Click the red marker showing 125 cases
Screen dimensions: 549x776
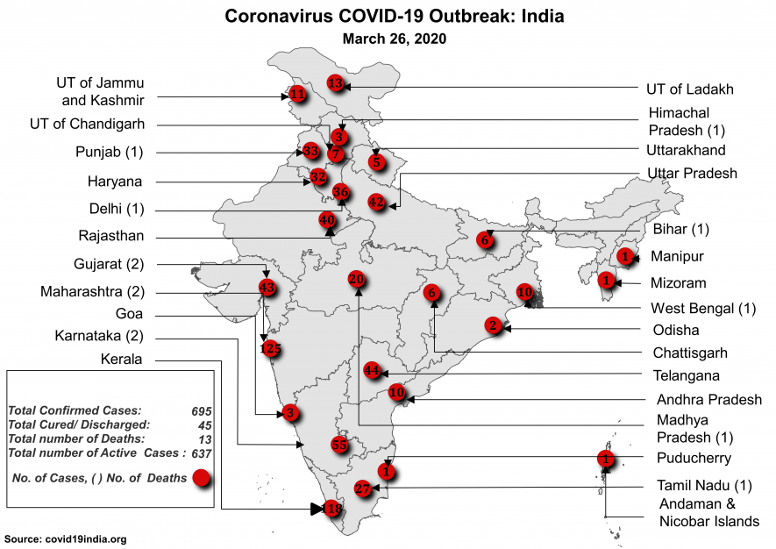[272, 348]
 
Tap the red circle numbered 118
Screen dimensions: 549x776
[332, 509]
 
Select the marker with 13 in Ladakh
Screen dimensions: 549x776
[334, 83]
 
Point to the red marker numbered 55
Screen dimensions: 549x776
[340, 445]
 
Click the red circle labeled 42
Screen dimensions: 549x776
[376, 203]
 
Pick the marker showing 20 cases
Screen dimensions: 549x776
[356, 279]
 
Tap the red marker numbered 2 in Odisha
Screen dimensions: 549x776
[495, 326]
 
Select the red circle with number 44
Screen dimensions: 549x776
[372, 371]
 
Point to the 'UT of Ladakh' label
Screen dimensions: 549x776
[690, 89]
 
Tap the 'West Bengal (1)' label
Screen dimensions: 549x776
[703, 309]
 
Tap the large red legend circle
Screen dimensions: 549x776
[201, 478]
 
